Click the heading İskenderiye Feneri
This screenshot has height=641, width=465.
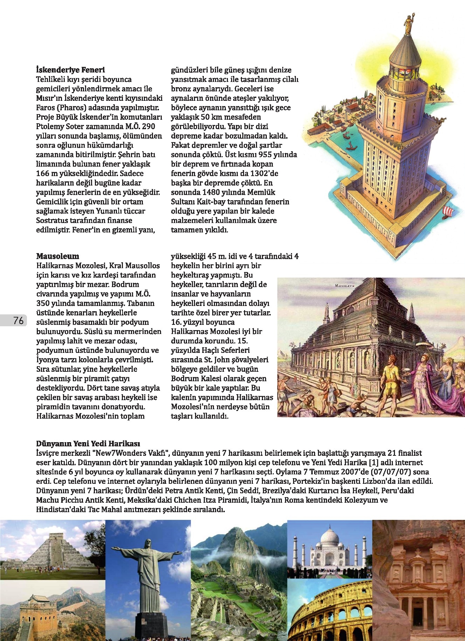click(70, 70)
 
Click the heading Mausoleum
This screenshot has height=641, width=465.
click(57, 256)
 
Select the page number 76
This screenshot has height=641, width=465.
click(18, 320)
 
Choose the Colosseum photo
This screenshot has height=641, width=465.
click(329, 611)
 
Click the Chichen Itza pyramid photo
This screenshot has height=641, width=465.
click(53, 550)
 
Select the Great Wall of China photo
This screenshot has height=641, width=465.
click(53, 611)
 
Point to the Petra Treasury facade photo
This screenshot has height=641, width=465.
click(418, 581)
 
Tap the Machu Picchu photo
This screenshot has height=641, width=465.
click(239, 581)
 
